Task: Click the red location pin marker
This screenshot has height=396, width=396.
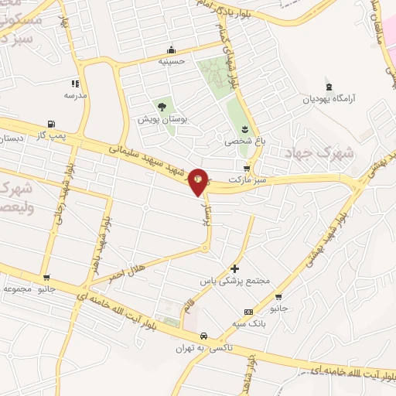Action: coord(199,181)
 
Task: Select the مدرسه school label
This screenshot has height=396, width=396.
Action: coord(75,95)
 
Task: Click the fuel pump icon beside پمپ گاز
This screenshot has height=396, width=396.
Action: coord(51,124)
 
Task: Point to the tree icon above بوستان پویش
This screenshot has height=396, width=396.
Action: coord(162,107)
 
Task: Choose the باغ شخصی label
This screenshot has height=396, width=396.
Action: coord(244,142)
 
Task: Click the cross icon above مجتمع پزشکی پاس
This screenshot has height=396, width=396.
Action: coord(235,268)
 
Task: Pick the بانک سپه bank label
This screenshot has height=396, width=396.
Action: coord(248,324)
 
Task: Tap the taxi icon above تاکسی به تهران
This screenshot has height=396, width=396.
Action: coord(203,336)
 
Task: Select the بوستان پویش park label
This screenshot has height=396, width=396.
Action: coord(159,120)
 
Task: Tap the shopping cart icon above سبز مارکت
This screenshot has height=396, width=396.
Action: coord(247,168)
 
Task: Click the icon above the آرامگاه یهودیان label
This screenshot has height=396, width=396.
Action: coord(331,84)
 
